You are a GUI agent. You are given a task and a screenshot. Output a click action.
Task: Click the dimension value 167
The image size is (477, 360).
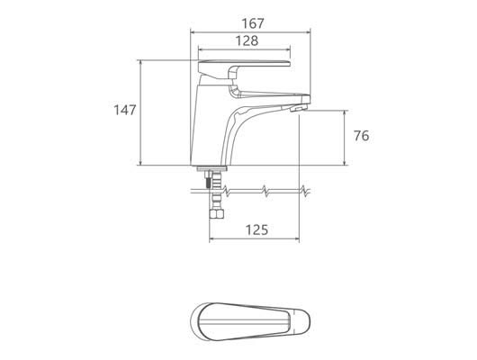(253, 23)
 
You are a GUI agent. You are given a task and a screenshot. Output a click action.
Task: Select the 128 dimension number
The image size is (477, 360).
(247, 40)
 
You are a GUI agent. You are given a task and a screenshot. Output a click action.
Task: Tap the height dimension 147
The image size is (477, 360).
(125, 110)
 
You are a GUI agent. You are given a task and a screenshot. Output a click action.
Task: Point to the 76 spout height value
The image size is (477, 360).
(362, 136)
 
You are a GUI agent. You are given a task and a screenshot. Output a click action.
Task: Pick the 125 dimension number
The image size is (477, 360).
(257, 230)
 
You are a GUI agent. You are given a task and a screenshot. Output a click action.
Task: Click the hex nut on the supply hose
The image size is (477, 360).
(217, 213)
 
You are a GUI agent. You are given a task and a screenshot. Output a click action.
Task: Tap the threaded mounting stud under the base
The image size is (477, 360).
(208, 179)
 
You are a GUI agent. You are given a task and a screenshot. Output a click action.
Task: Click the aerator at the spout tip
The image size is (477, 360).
(298, 108)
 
